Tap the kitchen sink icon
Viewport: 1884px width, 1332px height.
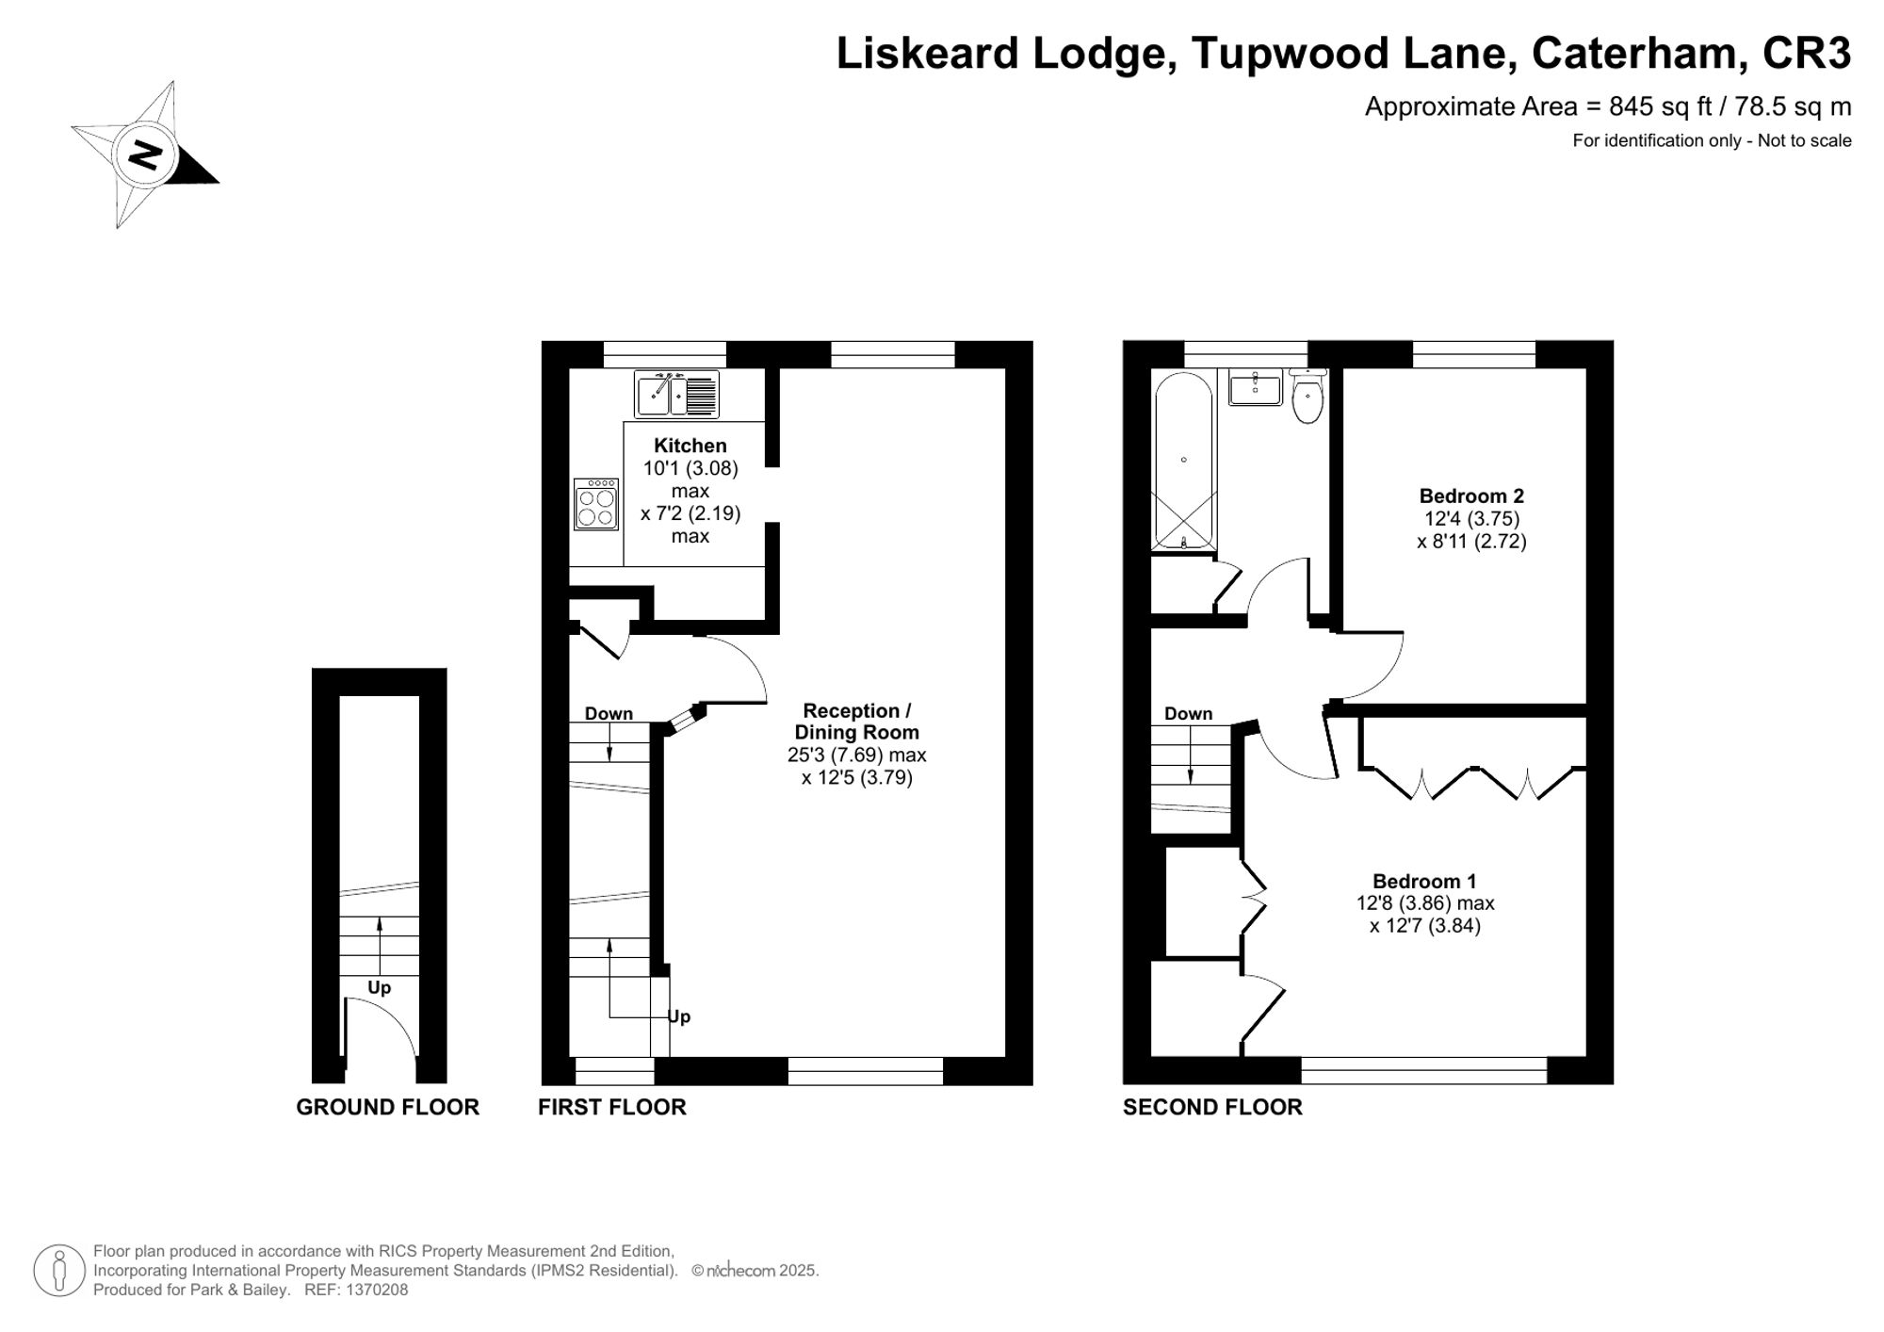[x=676, y=394]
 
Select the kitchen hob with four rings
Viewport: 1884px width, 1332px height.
[x=596, y=505]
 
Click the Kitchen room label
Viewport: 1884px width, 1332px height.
[x=690, y=446]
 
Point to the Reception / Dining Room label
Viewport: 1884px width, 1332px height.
[x=856, y=722]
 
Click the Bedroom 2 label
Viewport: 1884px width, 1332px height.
[x=1471, y=495]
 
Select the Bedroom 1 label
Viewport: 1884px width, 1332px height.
[x=1424, y=881]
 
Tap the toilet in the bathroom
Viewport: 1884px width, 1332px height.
[x=1307, y=398]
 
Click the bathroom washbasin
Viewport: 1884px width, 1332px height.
[x=1256, y=387]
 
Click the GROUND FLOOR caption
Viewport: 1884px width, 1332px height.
[x=387, y=1107]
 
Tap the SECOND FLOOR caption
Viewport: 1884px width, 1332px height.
[x=1212, y=1107]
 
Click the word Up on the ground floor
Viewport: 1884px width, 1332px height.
[x=379, y=987]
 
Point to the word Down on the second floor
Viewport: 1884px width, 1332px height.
[x=1188, y=713]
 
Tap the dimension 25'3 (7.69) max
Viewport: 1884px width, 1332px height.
[x=856, y=755]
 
